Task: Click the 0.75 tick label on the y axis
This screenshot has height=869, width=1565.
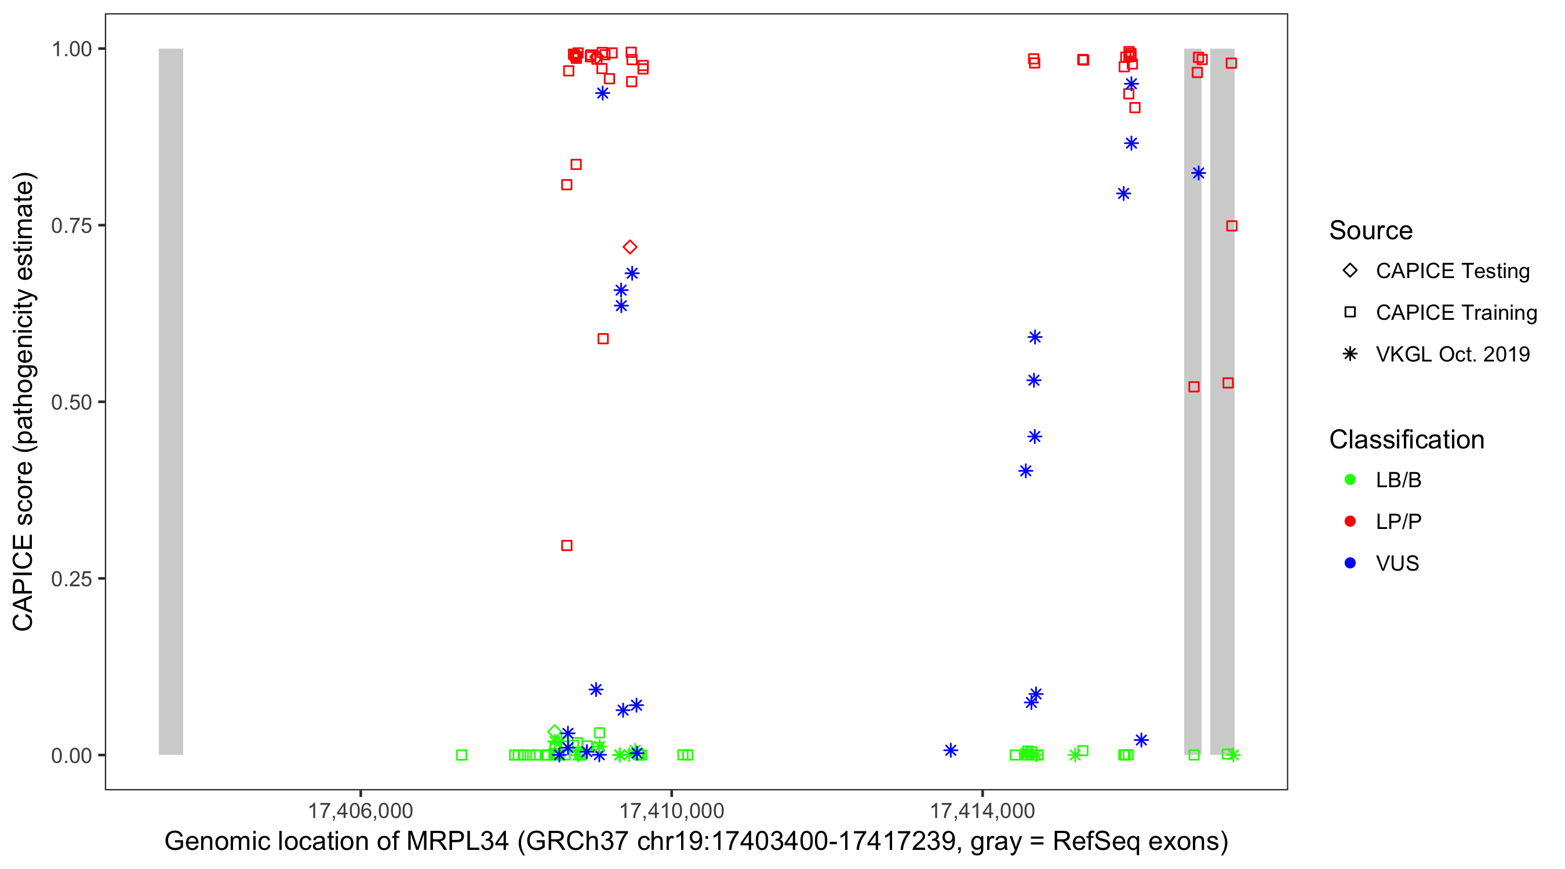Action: tap(71, 226)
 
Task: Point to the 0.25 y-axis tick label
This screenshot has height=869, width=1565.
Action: tap(71, 579)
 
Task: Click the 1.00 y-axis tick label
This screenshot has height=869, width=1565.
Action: tap(71, 49)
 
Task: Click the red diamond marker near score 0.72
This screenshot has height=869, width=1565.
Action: tap(630, 247)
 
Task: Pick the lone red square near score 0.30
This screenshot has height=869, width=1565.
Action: tap(567, 545)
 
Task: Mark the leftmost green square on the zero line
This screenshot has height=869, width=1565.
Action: tap(462, 755)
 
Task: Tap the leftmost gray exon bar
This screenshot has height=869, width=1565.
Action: tap(171, 401)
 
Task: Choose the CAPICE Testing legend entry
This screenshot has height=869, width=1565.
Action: tap(1452, 271)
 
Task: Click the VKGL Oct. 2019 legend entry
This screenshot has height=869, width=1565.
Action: tap(1452, 354)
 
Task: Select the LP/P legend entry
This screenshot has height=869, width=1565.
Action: tap(1398, 521)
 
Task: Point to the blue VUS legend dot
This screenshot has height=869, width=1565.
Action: tap(1351, 563)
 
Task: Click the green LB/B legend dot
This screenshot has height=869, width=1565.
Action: tap(1351, 480)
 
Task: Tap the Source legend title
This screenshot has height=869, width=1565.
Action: tap(1371, 231)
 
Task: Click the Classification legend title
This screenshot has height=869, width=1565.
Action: tap(1406, 440)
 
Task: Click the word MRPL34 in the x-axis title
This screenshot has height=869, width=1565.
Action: tap(457, 842)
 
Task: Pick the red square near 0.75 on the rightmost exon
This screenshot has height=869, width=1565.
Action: tap(1232, 226)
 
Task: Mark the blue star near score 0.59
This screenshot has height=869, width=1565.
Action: tap(1035, 337)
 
